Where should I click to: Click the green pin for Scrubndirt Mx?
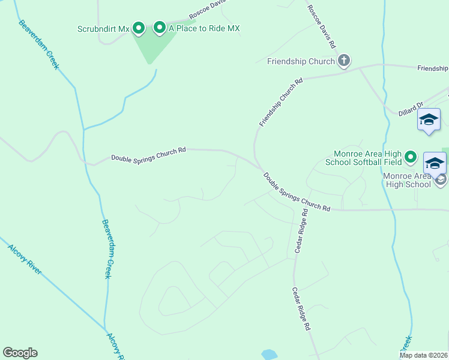[x=139, y=28]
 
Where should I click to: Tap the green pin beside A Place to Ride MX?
[x=160, y=28]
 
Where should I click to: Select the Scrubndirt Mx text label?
[x=104, y=28]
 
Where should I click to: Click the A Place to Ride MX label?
[x=204, y=28]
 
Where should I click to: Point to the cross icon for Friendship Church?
[x=344, y=60]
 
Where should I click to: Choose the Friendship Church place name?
[x=301, y=61]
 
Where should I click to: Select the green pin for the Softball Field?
[x=411, y=158]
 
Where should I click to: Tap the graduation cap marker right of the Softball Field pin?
[x=435, y=163]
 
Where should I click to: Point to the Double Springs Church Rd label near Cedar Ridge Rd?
[x=297, y=192]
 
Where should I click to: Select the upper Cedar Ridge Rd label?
[x=301, y=231]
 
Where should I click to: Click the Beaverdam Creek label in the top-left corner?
[x=39, y=45]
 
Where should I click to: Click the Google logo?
[x=20, y=353]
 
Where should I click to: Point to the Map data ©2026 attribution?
[x=423, y=355]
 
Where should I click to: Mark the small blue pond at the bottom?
[x=269, y=354]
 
